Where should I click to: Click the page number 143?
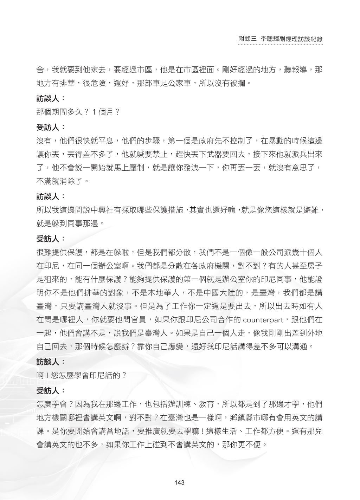[179, 482]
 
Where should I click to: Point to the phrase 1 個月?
[103, 112]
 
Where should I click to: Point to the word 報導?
[299, 70]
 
